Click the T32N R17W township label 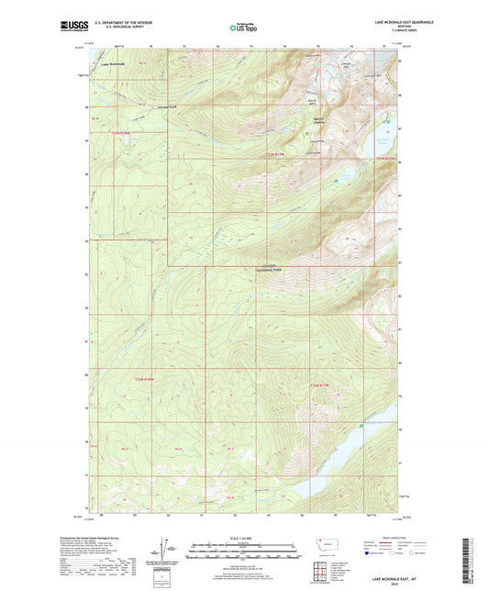[x=319, y=385]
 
